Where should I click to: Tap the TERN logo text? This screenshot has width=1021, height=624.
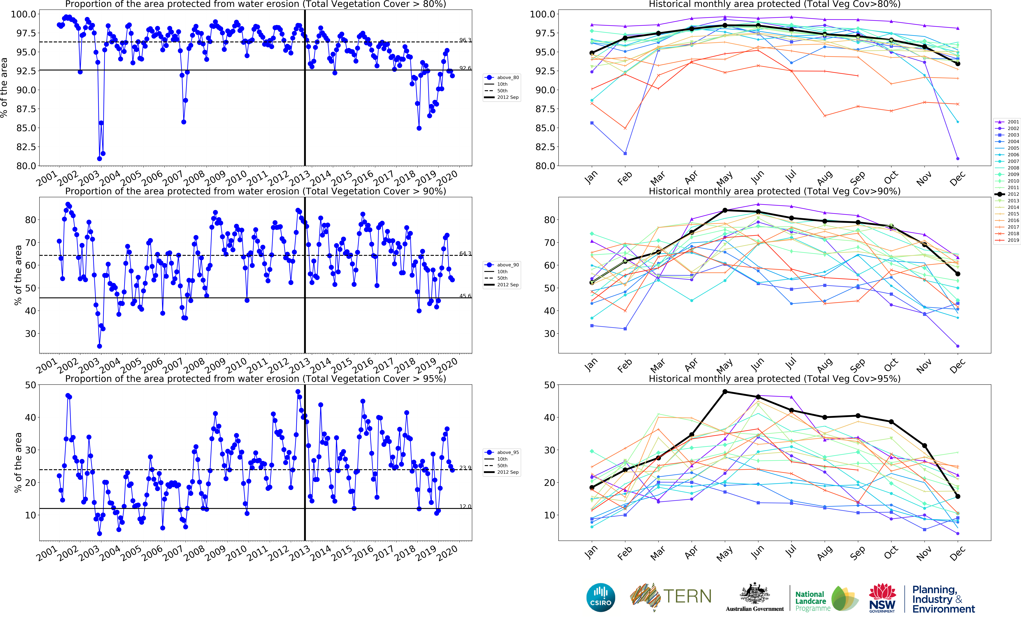[x=687, y=596]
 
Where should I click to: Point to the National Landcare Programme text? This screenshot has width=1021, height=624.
[x=812, y=601]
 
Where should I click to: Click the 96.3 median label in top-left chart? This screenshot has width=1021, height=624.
[x=465, y=40]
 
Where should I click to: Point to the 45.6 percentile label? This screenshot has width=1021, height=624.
[x=465, y=296]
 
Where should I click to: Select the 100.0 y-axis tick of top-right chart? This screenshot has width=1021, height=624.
[x=542, y=14]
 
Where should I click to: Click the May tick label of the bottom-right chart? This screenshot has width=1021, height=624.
[x=724, y=554]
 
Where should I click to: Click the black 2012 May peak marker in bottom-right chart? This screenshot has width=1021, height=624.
[x=725, y=391]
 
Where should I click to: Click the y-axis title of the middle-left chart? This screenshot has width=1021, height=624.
[x=18, y=275]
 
